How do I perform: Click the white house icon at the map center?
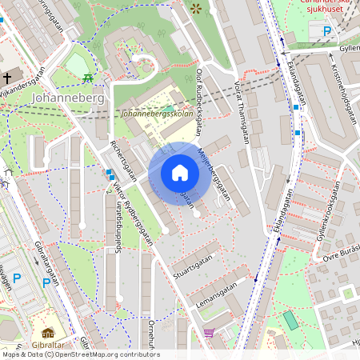pos(180,173)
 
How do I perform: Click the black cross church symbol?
pos(6,78)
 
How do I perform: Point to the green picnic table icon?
pos(86,78)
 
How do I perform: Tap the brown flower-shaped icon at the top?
pos(196,9)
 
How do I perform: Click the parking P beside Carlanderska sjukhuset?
pos(326,31)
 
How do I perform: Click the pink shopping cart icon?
pos(210,333)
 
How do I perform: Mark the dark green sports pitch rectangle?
pos(290,320)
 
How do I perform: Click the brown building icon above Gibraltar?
pos(48,333)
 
